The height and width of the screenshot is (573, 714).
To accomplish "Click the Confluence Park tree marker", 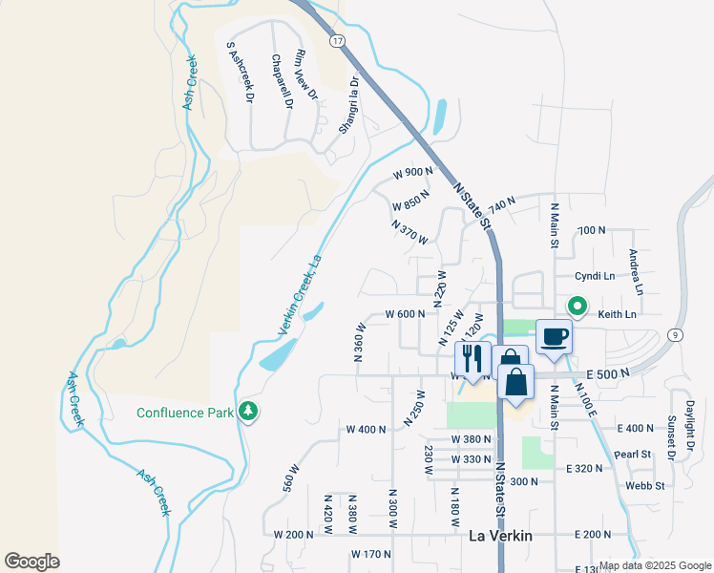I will (x=249, y=411).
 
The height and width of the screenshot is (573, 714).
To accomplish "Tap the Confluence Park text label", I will (x=184, y=413).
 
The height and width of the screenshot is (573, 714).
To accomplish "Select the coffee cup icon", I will (x=555, y=337).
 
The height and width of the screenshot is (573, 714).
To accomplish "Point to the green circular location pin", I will (x=577, y=307).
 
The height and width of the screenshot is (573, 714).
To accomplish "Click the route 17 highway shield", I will (x=337, y=41).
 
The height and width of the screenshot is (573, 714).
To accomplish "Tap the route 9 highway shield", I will (x=675, y=334).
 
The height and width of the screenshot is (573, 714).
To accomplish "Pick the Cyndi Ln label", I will (x=595, y=276).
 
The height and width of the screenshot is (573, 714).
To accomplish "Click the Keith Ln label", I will (x=617, y=313).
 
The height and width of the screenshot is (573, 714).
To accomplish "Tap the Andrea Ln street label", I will (x=636, y=272).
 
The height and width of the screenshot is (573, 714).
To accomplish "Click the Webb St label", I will (x=646, y=486).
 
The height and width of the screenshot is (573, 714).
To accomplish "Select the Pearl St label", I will (x=632, y=454).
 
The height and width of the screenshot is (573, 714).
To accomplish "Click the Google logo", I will (x=31, y=562).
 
